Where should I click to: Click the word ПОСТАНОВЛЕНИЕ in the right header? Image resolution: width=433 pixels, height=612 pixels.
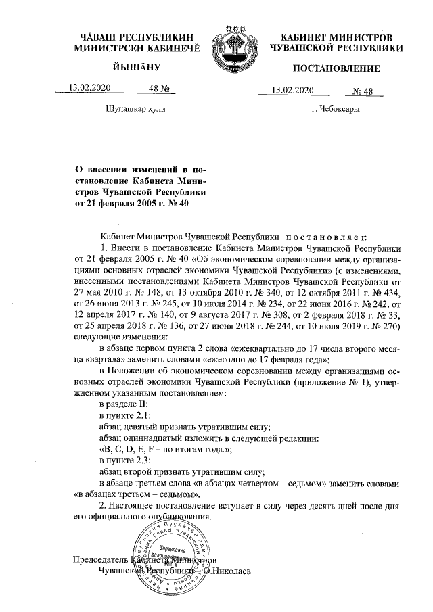pyautogui.click(x=336, y=68)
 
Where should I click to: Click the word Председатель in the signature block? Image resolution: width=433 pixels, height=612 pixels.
pyautogui.click(x=99, y=560)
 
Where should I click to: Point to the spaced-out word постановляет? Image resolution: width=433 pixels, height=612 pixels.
pyautogui.click(x=325, y=237)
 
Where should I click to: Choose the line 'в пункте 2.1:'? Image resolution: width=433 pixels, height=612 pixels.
pyautogui.click(x=125, y=415)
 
